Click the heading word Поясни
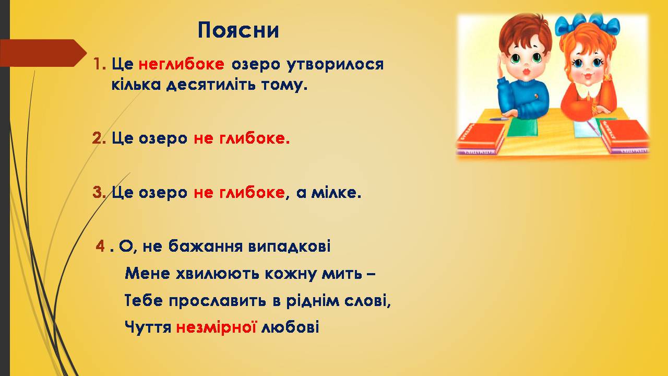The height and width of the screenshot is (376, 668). point(238,30)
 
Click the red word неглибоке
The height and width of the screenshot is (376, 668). point(181,64)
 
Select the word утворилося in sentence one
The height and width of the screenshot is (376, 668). point(335,65)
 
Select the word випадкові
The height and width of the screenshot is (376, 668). point(289,246)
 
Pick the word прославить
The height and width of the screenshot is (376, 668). point(217,301)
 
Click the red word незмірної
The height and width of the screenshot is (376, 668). point(216,327)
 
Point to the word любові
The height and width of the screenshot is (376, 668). point(290,327)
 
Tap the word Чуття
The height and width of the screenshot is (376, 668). point(148,327)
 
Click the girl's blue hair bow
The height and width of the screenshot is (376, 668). point(588,23)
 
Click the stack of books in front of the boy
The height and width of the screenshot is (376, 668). point(481,139)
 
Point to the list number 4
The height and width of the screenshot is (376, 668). point(100,246)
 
